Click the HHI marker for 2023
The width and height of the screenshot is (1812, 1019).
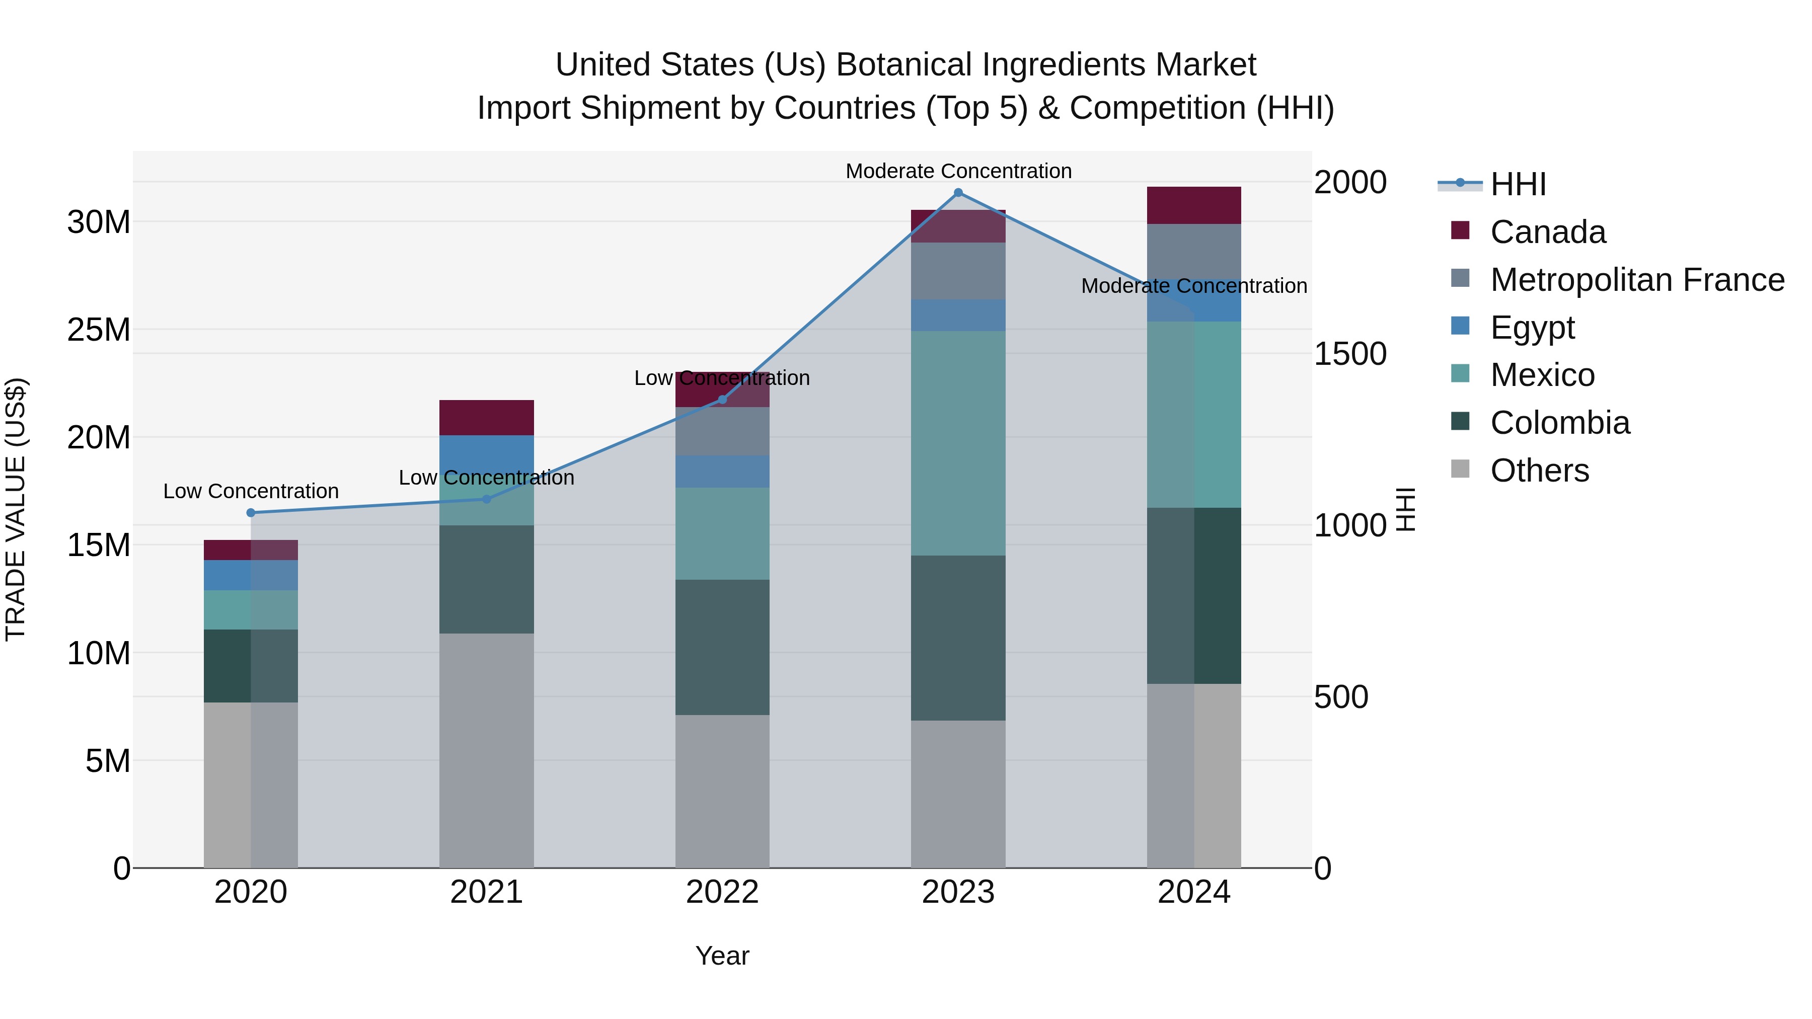point(958,193)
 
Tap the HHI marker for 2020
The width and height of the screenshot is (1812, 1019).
point(251,513)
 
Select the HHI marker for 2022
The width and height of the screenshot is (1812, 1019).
point(722,400)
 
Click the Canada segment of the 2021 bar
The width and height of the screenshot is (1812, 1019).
point(487,418)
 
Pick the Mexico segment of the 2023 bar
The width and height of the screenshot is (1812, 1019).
point(958,443)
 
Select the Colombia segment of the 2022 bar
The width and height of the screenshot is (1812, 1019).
point(722,647)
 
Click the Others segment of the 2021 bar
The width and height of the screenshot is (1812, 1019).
point(487,750)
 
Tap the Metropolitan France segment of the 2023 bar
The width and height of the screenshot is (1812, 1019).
point(958,271)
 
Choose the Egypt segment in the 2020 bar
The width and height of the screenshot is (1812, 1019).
point(251,575)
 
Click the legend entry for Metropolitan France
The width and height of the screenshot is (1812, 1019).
point(1637,280)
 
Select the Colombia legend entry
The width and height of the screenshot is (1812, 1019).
point(1559,423)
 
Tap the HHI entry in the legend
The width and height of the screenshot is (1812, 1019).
point(1518,184)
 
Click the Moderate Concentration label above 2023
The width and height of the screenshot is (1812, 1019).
point(958,171)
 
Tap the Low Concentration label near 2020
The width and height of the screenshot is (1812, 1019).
point(251,491)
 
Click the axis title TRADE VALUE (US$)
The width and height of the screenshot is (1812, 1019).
point(16,510)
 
